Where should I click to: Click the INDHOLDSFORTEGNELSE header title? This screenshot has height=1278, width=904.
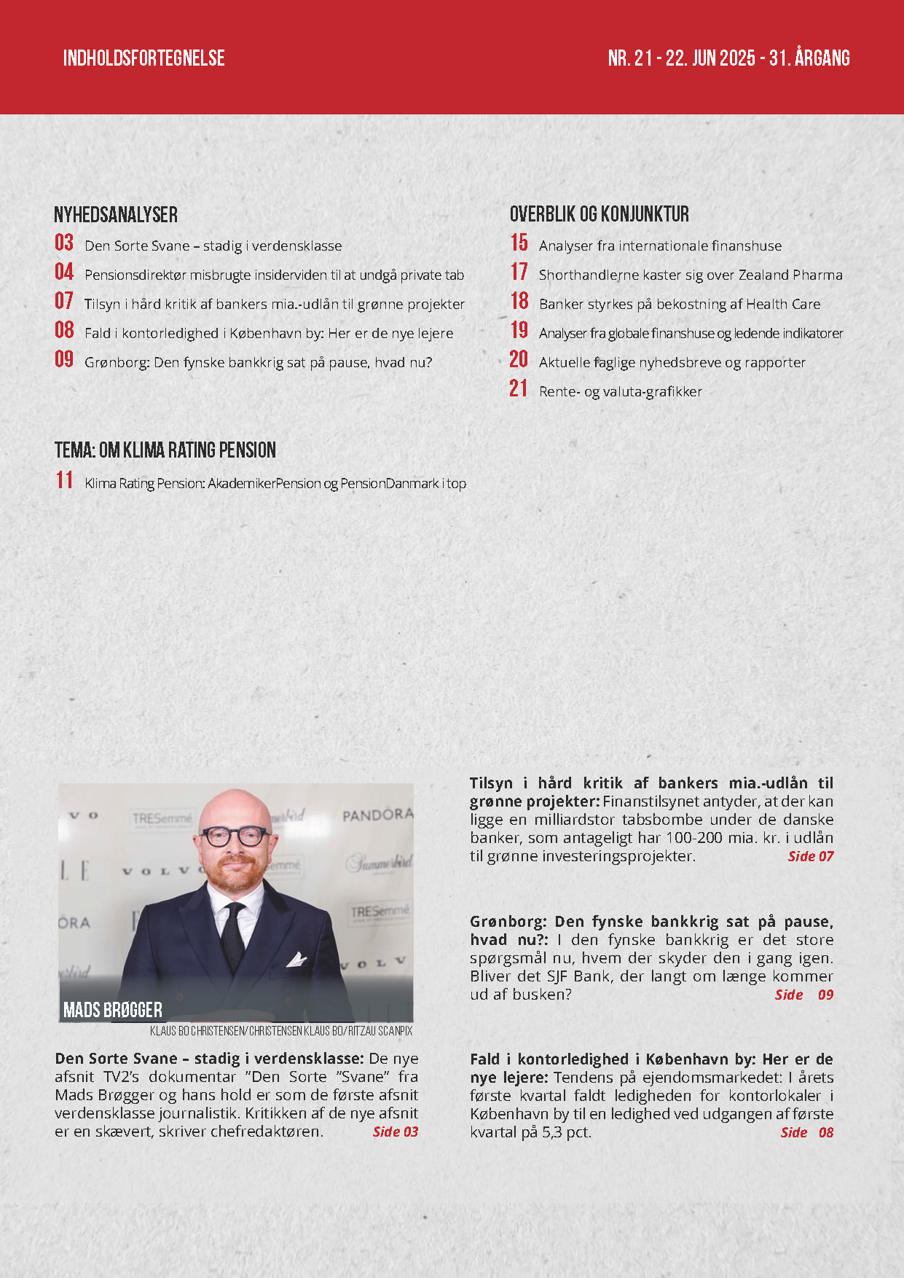pos(144,58)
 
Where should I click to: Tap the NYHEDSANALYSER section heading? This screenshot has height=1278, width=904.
pos(116,214)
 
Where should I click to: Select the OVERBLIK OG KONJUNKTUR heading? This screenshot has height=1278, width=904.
pos(599,214)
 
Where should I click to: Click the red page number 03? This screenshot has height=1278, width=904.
pos(64,243)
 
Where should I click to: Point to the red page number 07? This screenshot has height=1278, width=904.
pos(64,302)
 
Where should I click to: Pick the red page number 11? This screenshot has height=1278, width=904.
pos(64,481)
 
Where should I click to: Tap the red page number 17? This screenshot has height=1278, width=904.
pos(519,273)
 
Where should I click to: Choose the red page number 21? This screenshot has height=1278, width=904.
pos(518,389)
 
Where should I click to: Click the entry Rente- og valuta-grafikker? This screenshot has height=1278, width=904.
pos(620,392)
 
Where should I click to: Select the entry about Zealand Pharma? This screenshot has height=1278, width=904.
pos(690,275)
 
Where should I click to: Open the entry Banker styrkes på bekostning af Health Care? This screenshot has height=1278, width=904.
pos(679,305)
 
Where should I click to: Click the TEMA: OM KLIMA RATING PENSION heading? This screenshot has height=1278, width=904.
pos(165,450)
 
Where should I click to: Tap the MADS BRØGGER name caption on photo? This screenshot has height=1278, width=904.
pos(113,1010)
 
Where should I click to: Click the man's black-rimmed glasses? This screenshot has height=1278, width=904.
pos(235,836)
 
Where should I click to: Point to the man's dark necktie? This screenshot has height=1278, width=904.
pos(233,936)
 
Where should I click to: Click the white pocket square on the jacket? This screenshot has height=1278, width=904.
pos(296,959)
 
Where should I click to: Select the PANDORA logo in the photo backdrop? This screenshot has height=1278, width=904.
pos(377,814)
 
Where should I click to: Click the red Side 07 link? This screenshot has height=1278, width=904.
pos(810,857)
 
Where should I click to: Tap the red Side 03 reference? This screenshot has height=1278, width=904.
pos(396,1132)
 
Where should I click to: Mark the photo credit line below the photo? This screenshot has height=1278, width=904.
pos(281,1031)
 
